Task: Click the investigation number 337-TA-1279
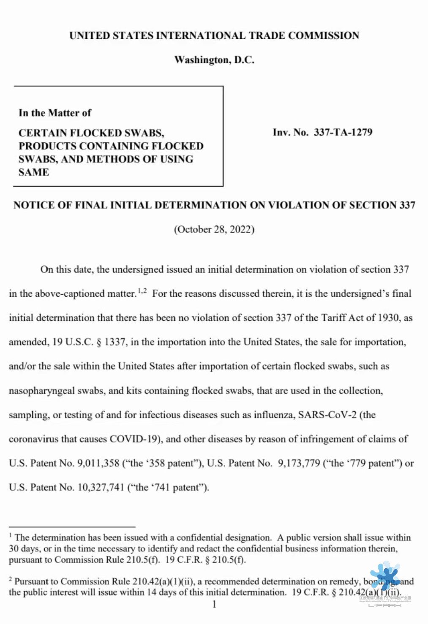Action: point(343,132)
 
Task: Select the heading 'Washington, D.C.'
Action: point(214,60)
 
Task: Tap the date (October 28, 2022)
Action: point(214,230)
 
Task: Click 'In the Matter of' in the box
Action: point(55,113)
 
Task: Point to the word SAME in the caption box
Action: point(34,172)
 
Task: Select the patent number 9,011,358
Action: point(98,463)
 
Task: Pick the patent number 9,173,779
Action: point(299,463)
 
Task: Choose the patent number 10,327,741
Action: point(101,488)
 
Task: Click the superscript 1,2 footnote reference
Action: point(142,291)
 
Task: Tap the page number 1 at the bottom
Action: point(214,604)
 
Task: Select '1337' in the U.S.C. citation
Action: point(114,342)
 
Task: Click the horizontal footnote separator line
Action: point(72,527)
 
